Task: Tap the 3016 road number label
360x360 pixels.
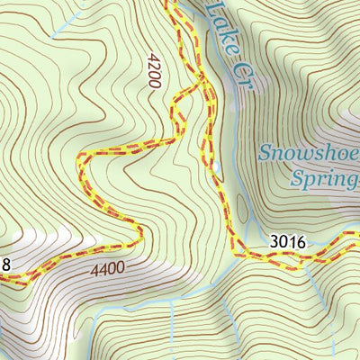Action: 287,241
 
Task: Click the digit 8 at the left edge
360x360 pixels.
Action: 5,264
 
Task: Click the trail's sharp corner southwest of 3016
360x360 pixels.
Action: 239,256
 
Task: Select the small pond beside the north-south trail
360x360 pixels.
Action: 215,166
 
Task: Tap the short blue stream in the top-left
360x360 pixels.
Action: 67,22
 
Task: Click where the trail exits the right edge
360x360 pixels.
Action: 357,236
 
